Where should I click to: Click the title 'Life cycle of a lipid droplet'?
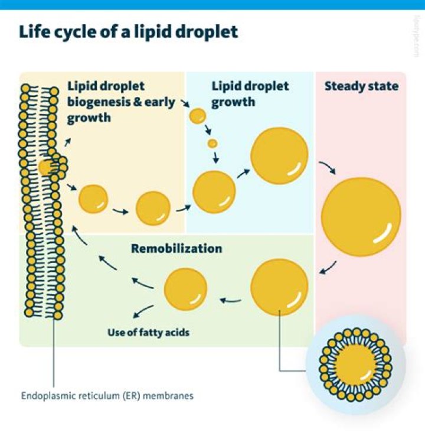click(129, 31)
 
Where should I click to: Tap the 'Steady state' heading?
click(361, 86)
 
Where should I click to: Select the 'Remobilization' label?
click(176, 248)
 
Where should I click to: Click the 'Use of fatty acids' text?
click(148, 333)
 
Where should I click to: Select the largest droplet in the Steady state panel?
click(361, 216)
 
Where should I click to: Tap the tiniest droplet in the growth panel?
click(212, 144)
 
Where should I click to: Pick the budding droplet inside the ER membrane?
click(45, 167)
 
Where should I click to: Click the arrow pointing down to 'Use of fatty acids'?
click(143, 311)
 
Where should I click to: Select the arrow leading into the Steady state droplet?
click(326, 167)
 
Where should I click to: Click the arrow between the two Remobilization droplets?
click(231, 300)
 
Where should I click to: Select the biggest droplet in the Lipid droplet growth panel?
click(279, 155)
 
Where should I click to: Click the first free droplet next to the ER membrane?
click(93, 199)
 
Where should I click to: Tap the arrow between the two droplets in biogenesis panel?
click(120, 210)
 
